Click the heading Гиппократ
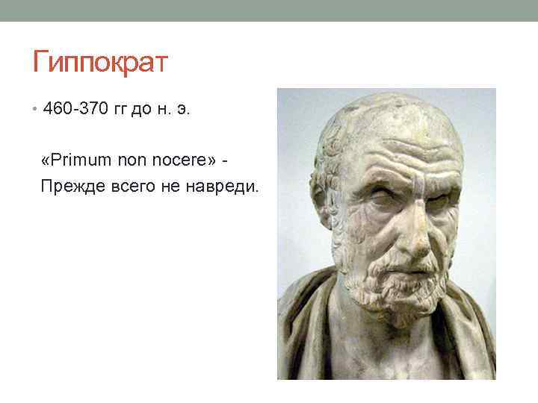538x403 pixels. coord(101,62)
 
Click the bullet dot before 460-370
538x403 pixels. coord(35,110)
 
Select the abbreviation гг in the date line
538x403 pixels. coord(120,110)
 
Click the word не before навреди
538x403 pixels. coord(170,185)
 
